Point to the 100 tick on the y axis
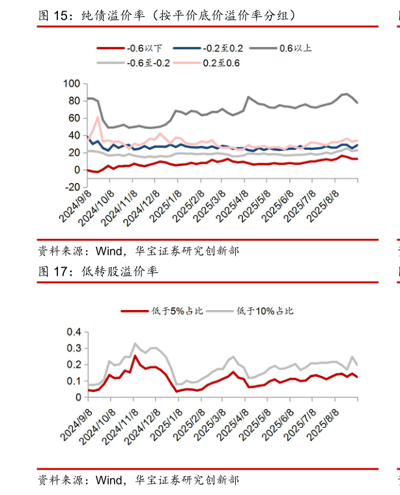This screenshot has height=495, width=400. (x=72, y=84)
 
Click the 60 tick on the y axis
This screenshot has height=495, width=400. (x=74, y=119)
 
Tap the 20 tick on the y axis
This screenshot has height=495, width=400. (x=74, y=153)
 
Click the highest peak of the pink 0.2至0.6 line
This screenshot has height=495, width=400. (x=98, y=117)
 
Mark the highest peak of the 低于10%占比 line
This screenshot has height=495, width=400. (x=136, y=343)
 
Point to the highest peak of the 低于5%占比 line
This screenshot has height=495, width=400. (x=136, y=356)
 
